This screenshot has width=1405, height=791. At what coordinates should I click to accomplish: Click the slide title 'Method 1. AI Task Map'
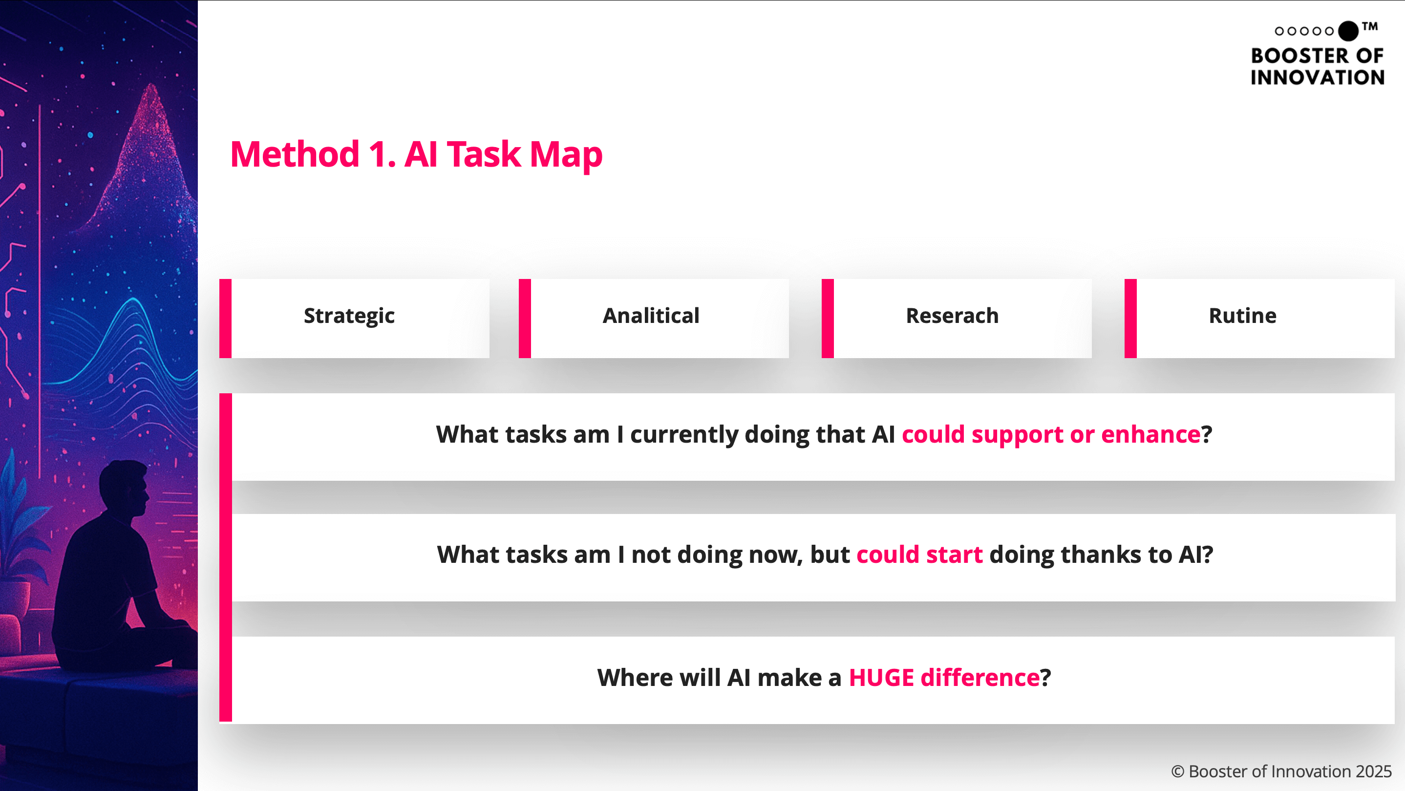(416, 154)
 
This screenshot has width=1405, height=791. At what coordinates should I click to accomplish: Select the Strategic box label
(349, 316)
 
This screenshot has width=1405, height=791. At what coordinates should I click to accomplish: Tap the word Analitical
(651, 315)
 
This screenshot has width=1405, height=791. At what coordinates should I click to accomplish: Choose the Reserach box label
(952, 315)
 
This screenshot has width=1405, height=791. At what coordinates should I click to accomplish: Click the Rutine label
(1242, 315)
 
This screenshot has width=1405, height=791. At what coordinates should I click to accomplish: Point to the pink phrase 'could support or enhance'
(1051, 434)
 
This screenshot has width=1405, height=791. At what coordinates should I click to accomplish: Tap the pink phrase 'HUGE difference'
(944, 678)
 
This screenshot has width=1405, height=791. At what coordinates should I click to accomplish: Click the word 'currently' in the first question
(687, 435)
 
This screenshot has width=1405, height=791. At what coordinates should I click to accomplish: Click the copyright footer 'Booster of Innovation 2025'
(1290, 771)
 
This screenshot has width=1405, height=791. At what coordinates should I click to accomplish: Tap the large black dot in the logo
(1348, 31)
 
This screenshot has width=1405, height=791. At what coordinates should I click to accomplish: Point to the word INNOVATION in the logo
(1317, 78)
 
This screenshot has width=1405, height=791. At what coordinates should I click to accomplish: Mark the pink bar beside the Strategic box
(225, 319)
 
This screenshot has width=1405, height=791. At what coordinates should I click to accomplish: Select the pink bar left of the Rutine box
(1130, 319)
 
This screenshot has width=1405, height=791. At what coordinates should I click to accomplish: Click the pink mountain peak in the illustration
(150, 90)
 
